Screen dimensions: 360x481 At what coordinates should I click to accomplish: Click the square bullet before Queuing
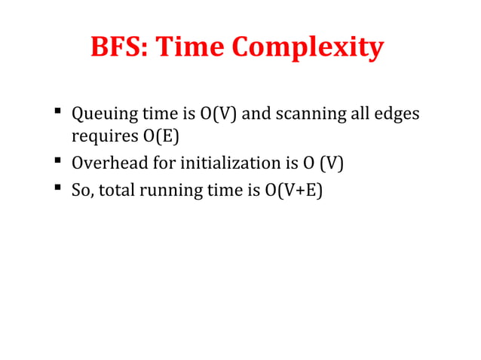pos(57,114)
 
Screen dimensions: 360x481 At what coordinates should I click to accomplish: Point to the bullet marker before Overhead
pos(57,162)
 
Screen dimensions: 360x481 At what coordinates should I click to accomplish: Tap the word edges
pos(396,116)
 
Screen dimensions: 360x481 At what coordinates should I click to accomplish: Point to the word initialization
pos(227,163)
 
